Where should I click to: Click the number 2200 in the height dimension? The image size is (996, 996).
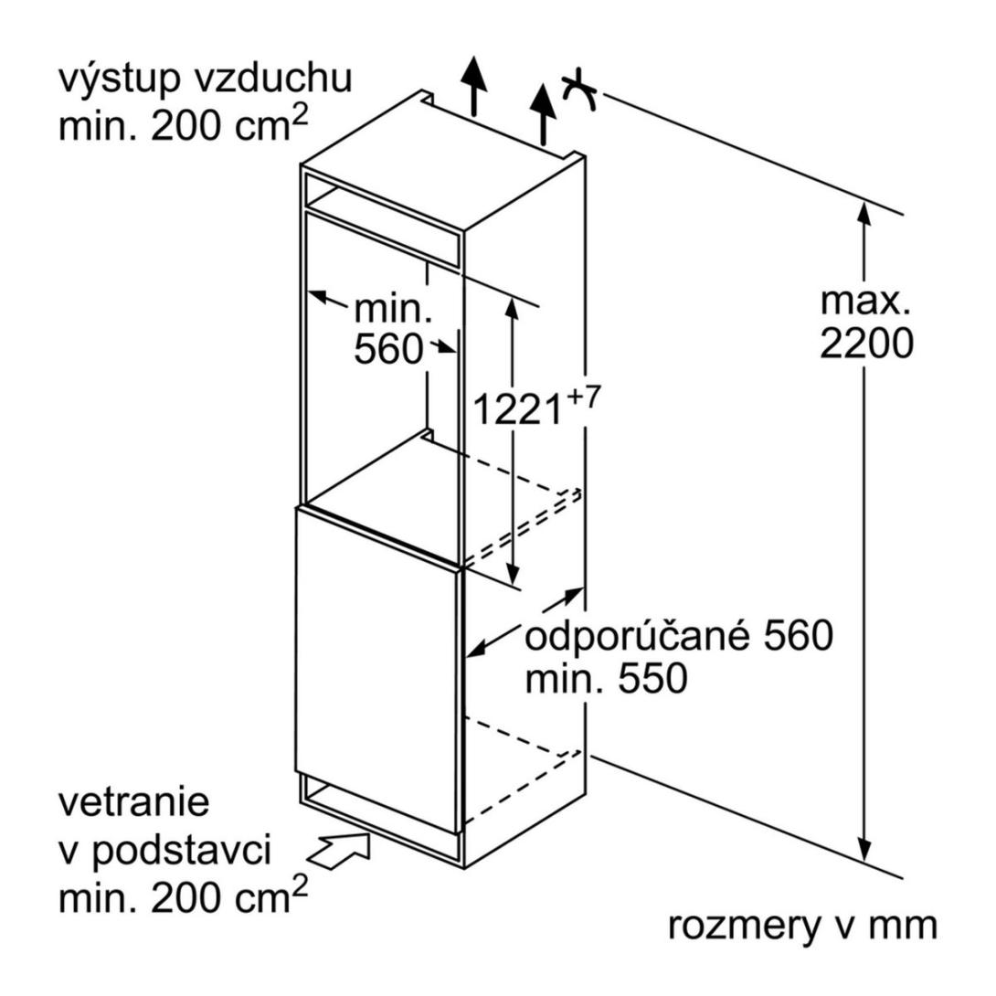pos(866,344)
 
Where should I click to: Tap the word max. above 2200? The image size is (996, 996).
pos(865,301)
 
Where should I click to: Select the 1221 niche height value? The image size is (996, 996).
pos(518,408)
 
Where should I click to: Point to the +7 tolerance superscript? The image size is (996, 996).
pos(582,396)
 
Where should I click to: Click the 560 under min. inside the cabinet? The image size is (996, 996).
pos(388,349)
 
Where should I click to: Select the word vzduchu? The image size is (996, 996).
pos(272,78)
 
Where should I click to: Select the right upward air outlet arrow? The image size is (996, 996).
pos(543,114)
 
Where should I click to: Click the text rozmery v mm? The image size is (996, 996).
pos(802,927)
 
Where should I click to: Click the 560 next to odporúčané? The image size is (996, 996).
pos(798,635)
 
